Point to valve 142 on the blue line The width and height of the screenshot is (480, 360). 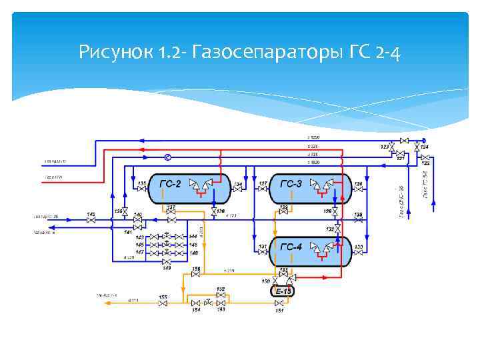[x=91, y=219]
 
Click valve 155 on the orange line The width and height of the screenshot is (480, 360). [x=163, y=303]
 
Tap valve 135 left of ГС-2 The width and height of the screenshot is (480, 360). [x=141, y=189]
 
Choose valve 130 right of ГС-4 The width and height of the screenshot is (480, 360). [x=359, y=253]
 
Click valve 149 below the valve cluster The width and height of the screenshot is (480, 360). [x=166, y=262]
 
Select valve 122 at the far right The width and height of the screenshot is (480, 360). [x=425, y=157]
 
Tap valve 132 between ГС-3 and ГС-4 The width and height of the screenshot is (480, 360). [x=338, y=229]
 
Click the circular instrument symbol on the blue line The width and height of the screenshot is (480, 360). [x=167, y=157]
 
